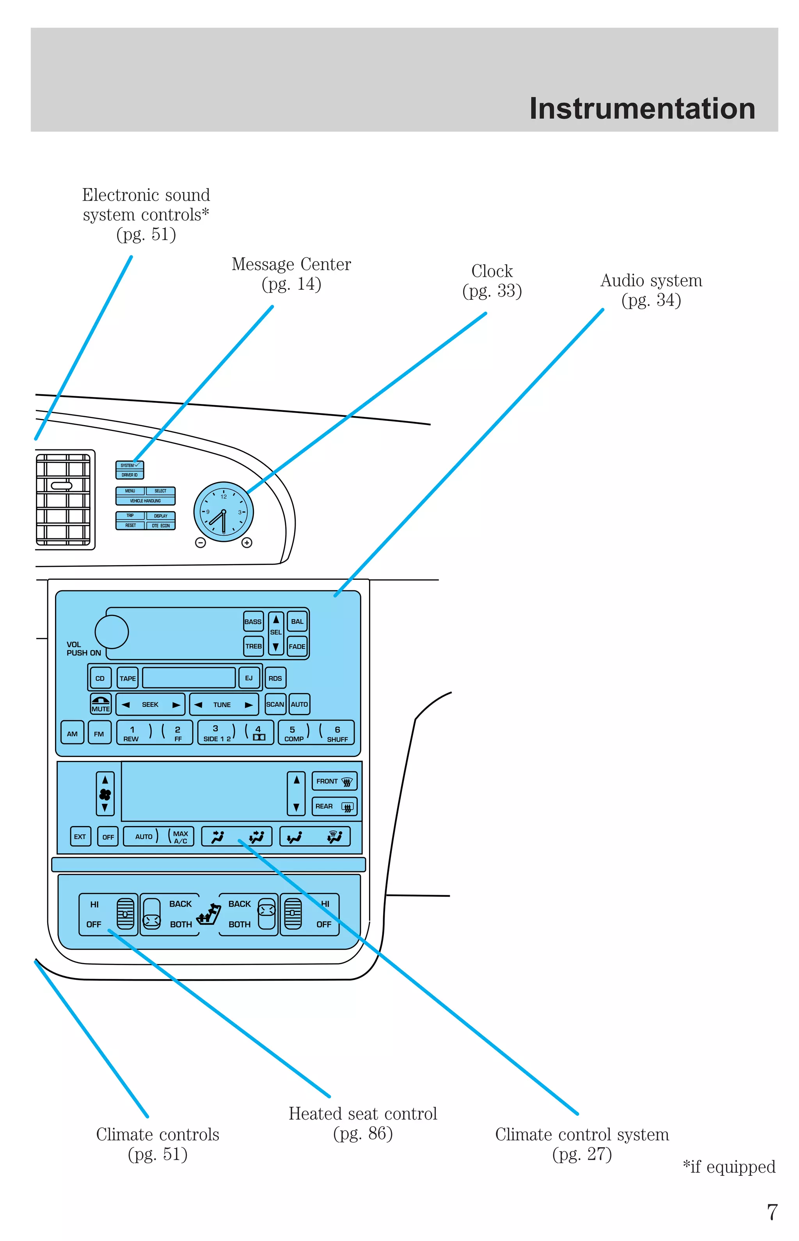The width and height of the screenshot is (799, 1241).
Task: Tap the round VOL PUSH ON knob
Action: click(112, 632)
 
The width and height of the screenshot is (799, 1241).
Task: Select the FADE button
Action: click(297, 646)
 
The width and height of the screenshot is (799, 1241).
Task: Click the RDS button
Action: click(275, 678)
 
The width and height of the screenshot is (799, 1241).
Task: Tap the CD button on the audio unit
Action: click(100, 678)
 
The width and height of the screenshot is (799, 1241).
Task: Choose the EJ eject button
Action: click(249, 678)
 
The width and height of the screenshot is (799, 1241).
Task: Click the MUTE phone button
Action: click(101, 704)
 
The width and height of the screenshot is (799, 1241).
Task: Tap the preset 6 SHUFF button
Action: click(337, 733)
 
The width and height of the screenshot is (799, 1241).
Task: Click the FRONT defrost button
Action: click(334, 781)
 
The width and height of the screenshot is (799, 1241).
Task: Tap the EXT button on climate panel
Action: click(80, 837)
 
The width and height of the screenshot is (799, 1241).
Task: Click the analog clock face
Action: click(224, 512)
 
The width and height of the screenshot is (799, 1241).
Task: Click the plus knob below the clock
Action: click(247, 542)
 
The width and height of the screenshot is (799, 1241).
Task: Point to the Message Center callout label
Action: click(291, 274)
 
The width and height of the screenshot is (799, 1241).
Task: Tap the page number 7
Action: click(772, 1213)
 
